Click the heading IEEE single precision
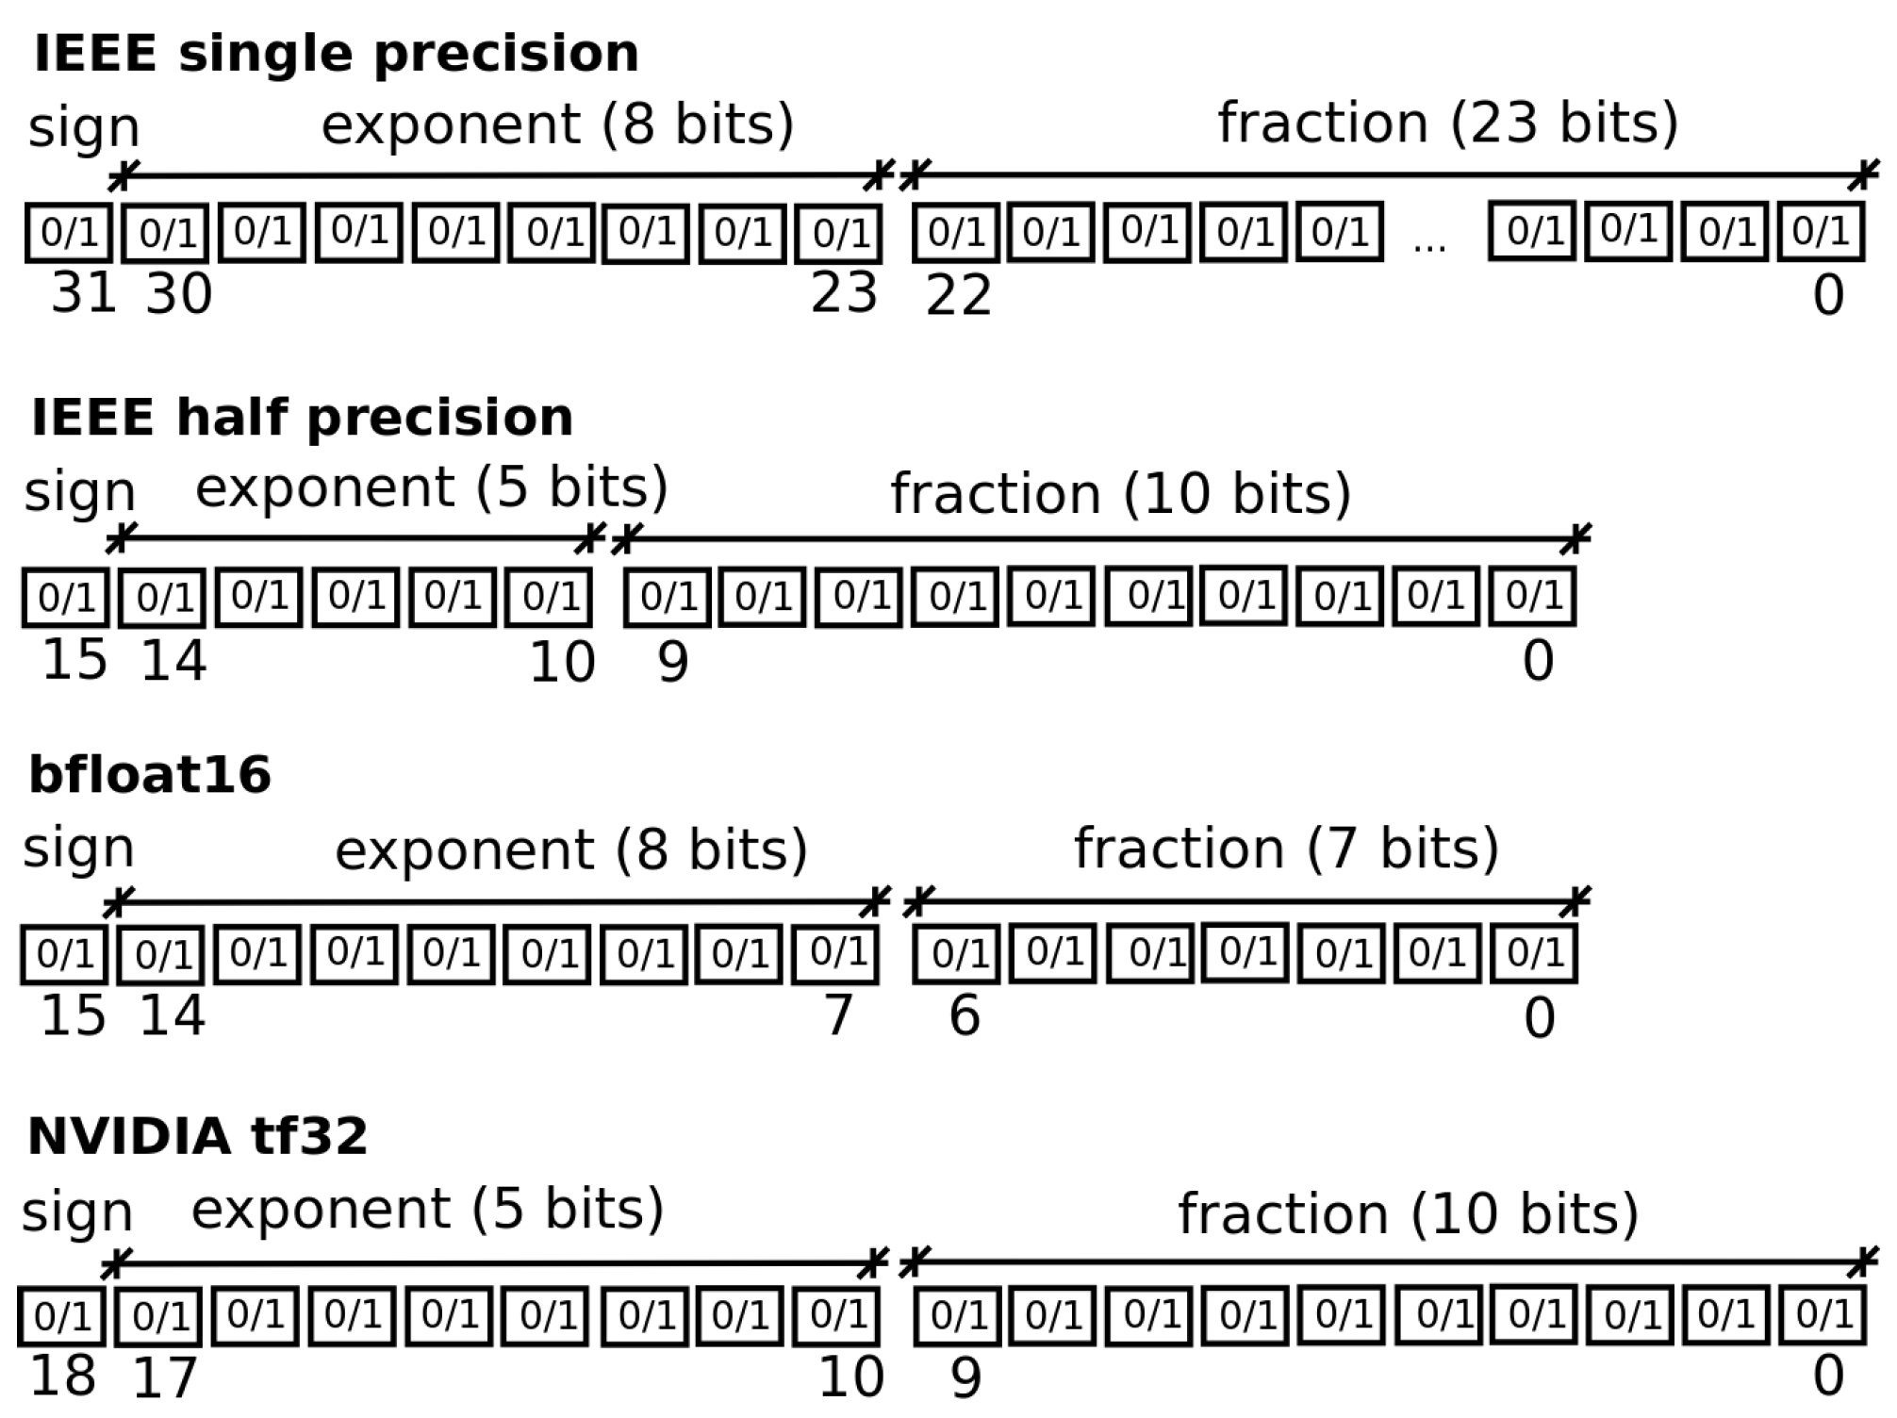[x=336, y=53]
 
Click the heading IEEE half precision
[x=302, y=417]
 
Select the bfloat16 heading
[x=149, y=775]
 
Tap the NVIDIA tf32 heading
[x=197, y=1135]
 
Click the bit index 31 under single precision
[x=83, y=293]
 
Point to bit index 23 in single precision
[x=844, y=293]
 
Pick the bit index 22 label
[x=958, y=295]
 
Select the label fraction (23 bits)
[x=1448, y=124]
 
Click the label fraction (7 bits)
[x=1286, y=849]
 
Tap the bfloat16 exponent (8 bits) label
[x=571, y=850]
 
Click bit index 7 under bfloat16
[x=838, y=1016]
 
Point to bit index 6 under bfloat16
[x=964, y=1016]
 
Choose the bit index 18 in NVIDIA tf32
[x=62, y=1377]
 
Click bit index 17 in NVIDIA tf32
[x=165, y=1378]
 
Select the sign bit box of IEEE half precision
[x=66, y=598]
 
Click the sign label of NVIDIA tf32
[x=77, y=1212]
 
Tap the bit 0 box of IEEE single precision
[x=1821, y=232]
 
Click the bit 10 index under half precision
[x=562, y=662]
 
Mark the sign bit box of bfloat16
[x=64, y=955]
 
